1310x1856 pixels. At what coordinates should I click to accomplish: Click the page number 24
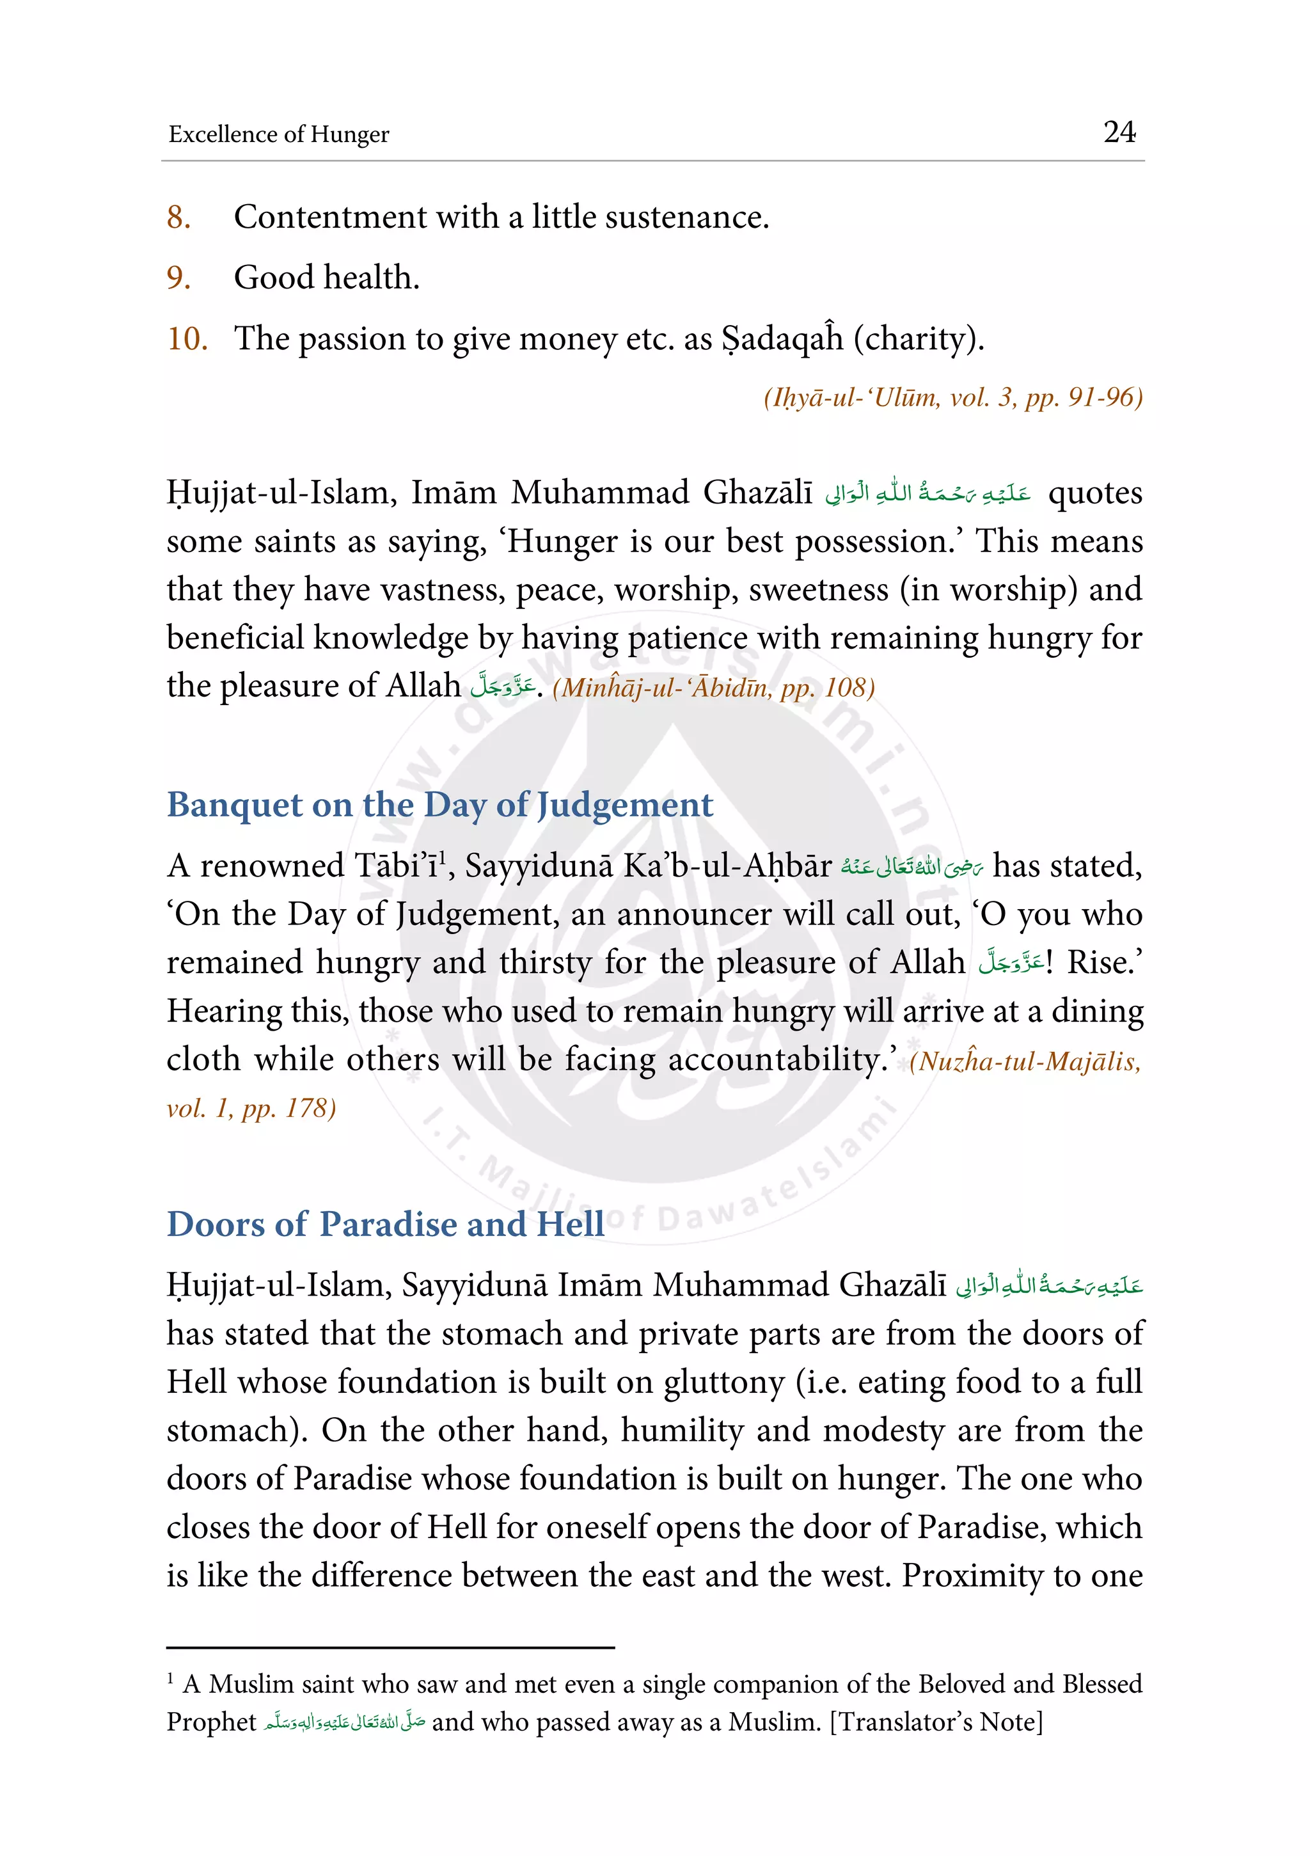tap(1119, 132)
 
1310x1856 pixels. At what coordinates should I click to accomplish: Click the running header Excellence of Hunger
tap(279, 134)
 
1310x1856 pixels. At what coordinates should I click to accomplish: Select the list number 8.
tap(178, 218)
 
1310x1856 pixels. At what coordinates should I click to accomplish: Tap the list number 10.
tap(187, 338)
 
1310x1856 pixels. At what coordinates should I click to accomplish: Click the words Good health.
tap(326, 278)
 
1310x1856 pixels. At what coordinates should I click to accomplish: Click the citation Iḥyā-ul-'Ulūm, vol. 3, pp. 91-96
tap(953, 398)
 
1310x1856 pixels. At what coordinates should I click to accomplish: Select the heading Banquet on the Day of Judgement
tap(439, 805)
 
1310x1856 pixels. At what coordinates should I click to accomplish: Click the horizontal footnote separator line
tap(390, 1647)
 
